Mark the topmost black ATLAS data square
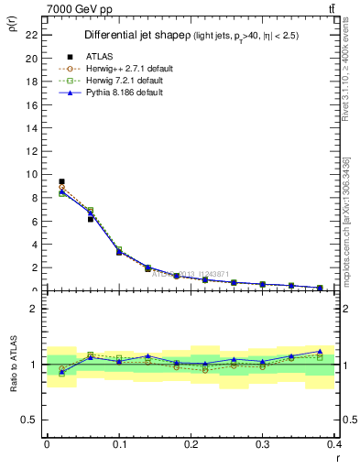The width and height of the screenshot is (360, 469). pos(61,181)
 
